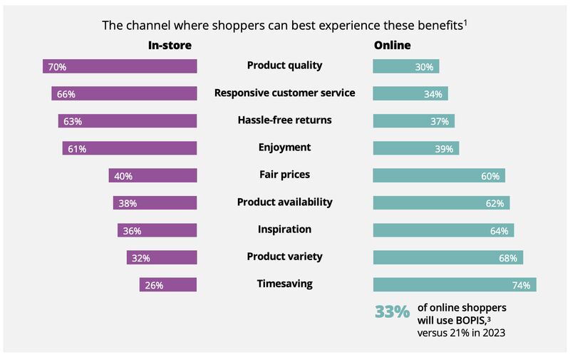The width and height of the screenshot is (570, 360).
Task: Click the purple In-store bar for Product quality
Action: pyautogui.click(x=120, y=66)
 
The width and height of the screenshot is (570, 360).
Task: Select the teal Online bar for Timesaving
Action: pyautogui.click(x=455, y=285)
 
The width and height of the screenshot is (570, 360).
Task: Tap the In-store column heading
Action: pyautogui.click(x=170, y=46)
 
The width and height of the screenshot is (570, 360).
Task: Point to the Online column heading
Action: pyautogui.click(x=392, y=46)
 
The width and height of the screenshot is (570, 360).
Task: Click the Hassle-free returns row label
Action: pyautogui.click(x=284, y=120)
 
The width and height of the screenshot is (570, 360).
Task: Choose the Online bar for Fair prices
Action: pyautogui.click(x=439, y=175)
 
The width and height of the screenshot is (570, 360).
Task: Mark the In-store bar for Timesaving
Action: pyautogui.click(x=168, y=285)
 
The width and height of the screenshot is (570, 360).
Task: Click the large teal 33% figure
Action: pyautogui.click(x=392, y=312)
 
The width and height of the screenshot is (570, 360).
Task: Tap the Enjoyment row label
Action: pyautogui.click(x=284, y=148)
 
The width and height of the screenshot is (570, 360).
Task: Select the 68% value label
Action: pyautogui.click(x=508, y=258)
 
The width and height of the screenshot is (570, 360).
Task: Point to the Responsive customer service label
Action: pyautogui.click(x=284, y=93)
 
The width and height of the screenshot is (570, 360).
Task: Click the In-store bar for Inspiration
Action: pyautogui.click(x=157, y=230)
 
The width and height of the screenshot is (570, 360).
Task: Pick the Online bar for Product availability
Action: pyautogui.click(x=441, y=203)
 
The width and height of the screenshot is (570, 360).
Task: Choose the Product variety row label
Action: pyautogui.click(x=284, y=257)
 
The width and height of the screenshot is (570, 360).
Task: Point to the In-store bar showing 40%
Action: pyautogui.click(x=152, y=175)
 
